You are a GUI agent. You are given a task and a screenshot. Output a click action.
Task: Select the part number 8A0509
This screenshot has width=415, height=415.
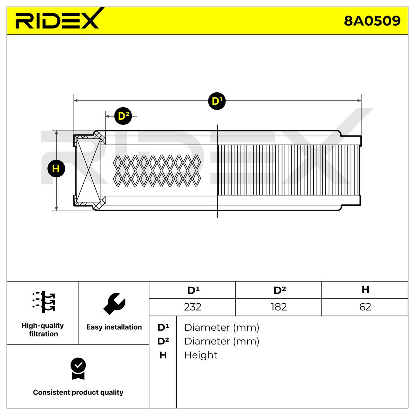372,21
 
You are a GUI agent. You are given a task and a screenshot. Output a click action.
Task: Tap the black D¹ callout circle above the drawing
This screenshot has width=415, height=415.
217,101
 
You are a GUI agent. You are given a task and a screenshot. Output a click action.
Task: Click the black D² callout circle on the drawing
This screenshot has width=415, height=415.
123,116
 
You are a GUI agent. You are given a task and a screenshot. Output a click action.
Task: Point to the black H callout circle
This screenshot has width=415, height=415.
56,168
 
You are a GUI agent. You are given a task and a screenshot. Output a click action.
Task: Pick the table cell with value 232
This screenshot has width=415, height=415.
192,307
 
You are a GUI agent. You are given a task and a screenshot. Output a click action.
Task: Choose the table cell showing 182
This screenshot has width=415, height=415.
278,307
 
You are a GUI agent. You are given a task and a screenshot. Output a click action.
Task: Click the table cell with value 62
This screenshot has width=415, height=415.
365,307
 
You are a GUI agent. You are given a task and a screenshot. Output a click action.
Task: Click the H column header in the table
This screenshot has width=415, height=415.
365,290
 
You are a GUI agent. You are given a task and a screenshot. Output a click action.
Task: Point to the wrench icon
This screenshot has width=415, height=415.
114,304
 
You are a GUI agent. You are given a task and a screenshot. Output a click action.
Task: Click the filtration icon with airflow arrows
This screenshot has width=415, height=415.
44,302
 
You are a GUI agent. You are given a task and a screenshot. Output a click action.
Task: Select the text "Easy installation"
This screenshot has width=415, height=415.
114,327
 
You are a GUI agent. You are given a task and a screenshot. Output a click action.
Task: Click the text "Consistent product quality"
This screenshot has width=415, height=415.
78,393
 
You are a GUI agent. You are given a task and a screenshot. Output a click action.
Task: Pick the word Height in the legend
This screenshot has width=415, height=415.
201,355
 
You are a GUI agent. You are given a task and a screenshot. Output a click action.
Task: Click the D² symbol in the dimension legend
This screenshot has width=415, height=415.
163,341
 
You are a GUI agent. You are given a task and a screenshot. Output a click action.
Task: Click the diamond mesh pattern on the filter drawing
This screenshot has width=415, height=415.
157,170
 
